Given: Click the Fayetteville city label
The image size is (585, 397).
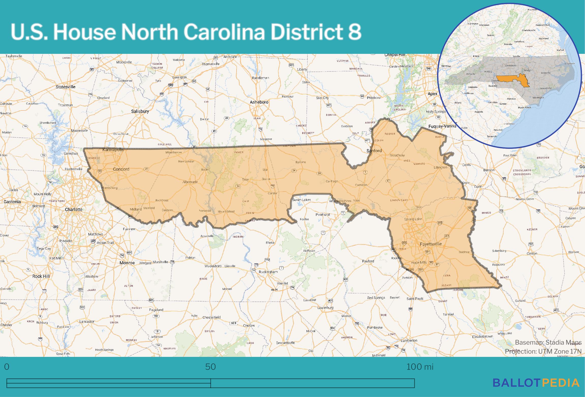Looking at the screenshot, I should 430,244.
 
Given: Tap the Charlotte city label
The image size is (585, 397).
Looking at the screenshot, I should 74,210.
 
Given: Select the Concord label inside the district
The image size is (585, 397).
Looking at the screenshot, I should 121,169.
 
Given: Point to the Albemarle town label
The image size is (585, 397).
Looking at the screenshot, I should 190,182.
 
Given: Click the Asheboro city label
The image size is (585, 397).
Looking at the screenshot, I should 259,102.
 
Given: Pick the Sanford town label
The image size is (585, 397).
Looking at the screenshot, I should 374,151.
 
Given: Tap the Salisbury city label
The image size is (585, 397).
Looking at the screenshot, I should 140,111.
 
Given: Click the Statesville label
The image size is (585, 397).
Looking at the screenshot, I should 66,87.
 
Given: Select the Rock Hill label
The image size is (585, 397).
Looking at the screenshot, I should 41,276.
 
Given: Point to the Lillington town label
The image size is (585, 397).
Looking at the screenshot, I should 440,167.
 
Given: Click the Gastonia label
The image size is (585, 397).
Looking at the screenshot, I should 12,202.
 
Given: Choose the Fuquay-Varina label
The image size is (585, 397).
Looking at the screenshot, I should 442,126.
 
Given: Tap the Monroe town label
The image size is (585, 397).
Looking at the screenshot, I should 127,263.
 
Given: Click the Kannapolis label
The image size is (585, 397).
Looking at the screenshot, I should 113,150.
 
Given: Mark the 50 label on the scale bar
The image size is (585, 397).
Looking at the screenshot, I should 210,367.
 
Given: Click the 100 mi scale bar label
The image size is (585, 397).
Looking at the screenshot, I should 420,367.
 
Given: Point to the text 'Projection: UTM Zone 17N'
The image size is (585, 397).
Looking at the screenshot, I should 543,351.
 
